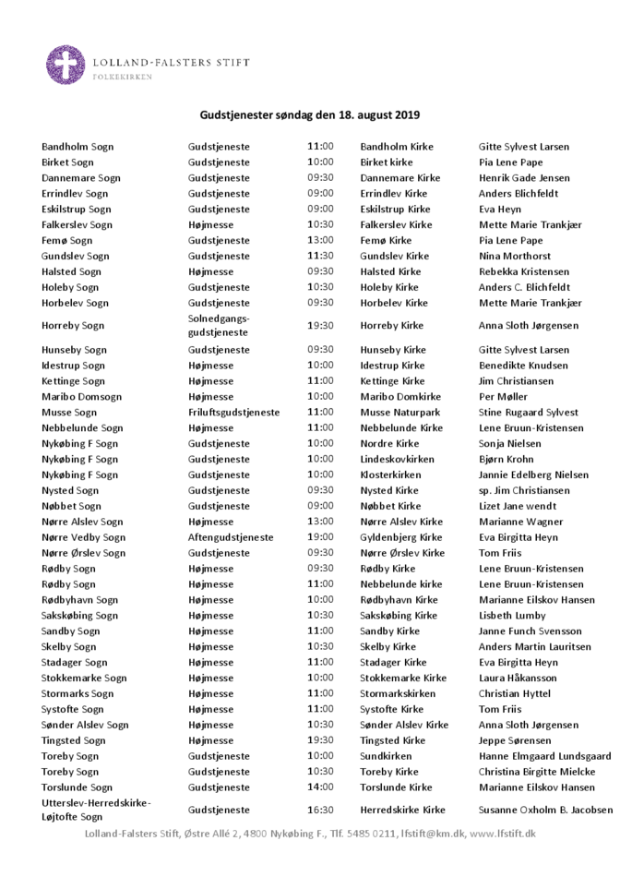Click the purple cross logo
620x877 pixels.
click(66, 65)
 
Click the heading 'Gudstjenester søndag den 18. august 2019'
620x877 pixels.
click(310, 115)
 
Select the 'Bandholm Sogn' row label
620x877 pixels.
click(77, 147)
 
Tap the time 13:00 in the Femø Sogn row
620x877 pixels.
click(320, 240)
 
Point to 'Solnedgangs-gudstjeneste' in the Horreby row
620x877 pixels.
click(219, 325)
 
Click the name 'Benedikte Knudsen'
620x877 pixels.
click(523, 366)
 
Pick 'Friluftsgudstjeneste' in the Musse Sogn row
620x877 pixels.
click(233, 413)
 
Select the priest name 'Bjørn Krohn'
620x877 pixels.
click(506, 459)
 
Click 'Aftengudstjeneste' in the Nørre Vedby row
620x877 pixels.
click(231, 537)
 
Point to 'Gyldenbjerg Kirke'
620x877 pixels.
click(401, 537)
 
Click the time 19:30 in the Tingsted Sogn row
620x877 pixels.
click(320, 740)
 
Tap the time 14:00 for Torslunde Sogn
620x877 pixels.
click(320, 787)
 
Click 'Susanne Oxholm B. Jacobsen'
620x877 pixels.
click(544, 810)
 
